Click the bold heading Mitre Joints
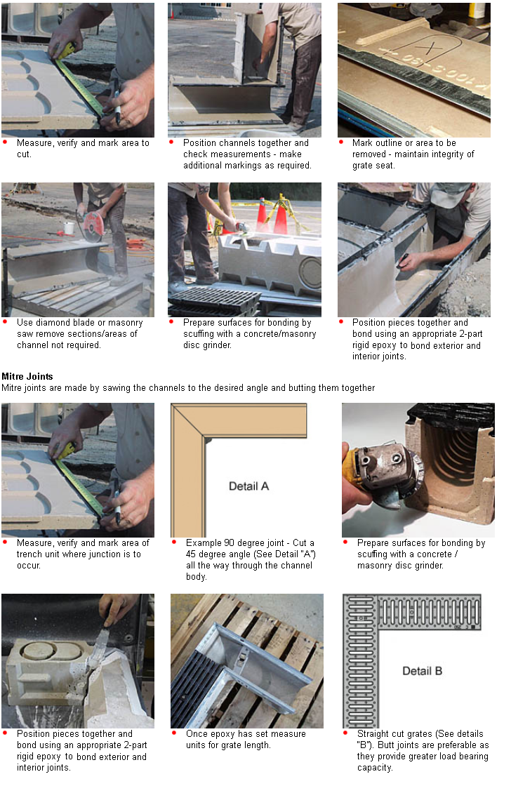27,377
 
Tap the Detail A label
248,486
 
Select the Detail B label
422,671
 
